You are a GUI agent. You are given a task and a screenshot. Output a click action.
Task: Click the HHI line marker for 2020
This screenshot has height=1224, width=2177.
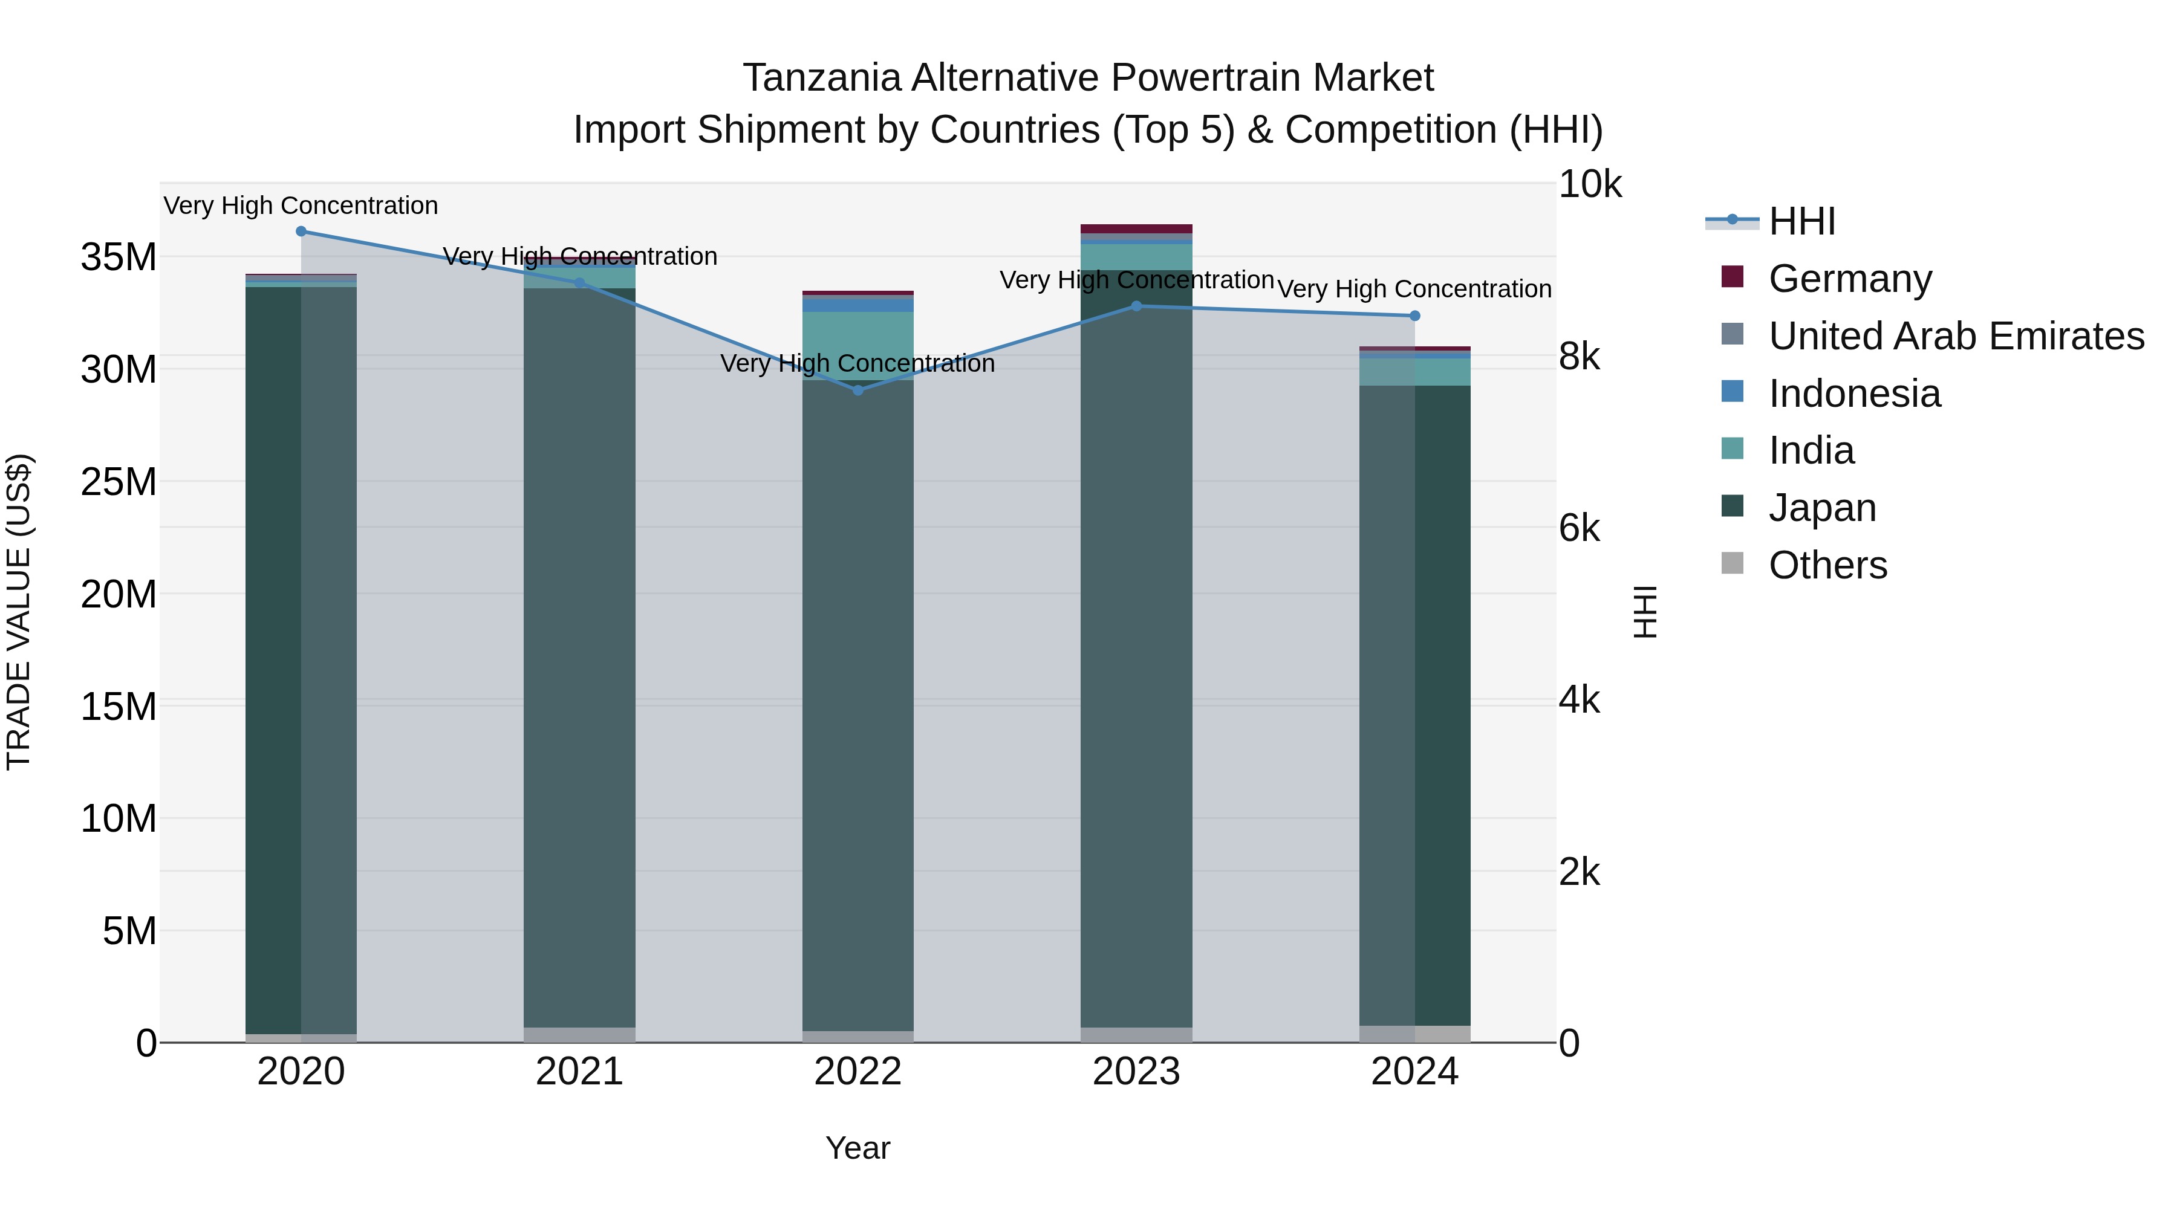point(301,232)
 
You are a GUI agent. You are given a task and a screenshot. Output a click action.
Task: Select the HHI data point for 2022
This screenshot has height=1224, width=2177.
point(857,390)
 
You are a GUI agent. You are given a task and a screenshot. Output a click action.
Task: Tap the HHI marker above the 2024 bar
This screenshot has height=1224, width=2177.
point(1414,316)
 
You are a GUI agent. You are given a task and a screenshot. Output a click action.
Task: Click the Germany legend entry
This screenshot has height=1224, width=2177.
point(1849,279)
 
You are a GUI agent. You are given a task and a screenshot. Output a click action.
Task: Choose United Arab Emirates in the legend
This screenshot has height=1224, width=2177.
point(1956,336)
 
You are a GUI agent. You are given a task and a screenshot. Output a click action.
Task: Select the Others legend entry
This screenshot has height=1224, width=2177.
point(1827,565)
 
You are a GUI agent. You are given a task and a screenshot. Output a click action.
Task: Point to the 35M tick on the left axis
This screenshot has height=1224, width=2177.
point(119,257)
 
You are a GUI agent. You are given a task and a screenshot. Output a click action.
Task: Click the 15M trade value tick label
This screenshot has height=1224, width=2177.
point(119,706)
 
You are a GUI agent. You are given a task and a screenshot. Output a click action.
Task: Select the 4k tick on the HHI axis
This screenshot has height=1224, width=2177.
point(1579,701)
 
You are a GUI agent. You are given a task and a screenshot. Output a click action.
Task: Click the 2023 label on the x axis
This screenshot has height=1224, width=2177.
point(1136,1072)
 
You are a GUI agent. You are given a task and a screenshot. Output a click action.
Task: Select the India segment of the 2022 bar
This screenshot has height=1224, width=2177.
point(857,345)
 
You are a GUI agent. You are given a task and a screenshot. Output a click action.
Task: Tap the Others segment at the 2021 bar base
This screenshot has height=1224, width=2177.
point(579,1035)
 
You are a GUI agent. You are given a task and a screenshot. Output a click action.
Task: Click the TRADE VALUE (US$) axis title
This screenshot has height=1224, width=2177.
point(19,612)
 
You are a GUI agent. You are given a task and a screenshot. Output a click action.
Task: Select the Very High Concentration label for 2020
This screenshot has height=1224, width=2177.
point(301,206)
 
